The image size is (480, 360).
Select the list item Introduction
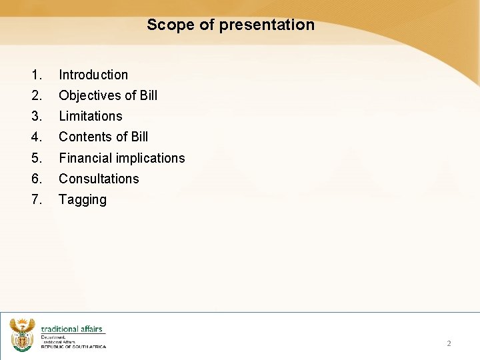(x=93, y=75)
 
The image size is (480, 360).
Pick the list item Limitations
(x=91, y=116)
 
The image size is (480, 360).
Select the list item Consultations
(x=99, y=179)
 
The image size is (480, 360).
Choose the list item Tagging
(x=83, y=199)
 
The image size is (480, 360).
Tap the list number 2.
(x=36, y=95)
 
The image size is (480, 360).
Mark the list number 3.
(x=36, y=116)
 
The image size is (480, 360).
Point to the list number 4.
(x=36, y=137)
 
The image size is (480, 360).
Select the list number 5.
(x=36, y=158)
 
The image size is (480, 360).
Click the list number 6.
(x=36, y=179)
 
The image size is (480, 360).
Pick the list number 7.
(x=36, y=199)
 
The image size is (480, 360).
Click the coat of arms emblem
(x=22, y=334)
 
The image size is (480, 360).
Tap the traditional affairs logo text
(x=72, y=329)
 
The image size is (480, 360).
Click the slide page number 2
(x=449, y=343)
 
